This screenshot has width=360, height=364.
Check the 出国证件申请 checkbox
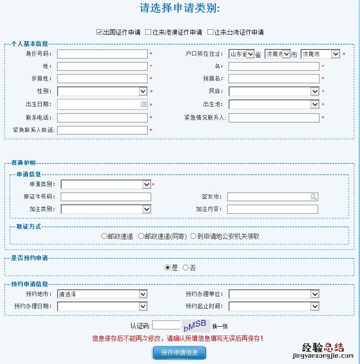[x=99, y=32]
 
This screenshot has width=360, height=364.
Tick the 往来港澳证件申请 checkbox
[x=148, y=32]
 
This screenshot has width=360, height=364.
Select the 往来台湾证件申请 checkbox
[x=210, y=32]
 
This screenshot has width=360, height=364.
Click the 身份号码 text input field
[x=102, y=54]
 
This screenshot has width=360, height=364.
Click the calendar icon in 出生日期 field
[x=143, y=104]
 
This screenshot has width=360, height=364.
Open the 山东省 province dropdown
[x=242, y=54]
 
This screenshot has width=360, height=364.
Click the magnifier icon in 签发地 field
[x=313, y=197]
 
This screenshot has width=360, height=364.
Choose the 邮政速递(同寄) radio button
[x=141, y=236]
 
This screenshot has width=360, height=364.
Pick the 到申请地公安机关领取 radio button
[x=193, y=236]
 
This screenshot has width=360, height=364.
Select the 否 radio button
[x=185, y=268]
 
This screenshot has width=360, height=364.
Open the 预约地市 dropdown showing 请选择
[x=102, y=294]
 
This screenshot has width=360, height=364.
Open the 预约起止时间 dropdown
[x=274, y=306]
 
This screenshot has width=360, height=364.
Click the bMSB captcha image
[x=196, y=325]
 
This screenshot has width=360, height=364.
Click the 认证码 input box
[x=166, y=325]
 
